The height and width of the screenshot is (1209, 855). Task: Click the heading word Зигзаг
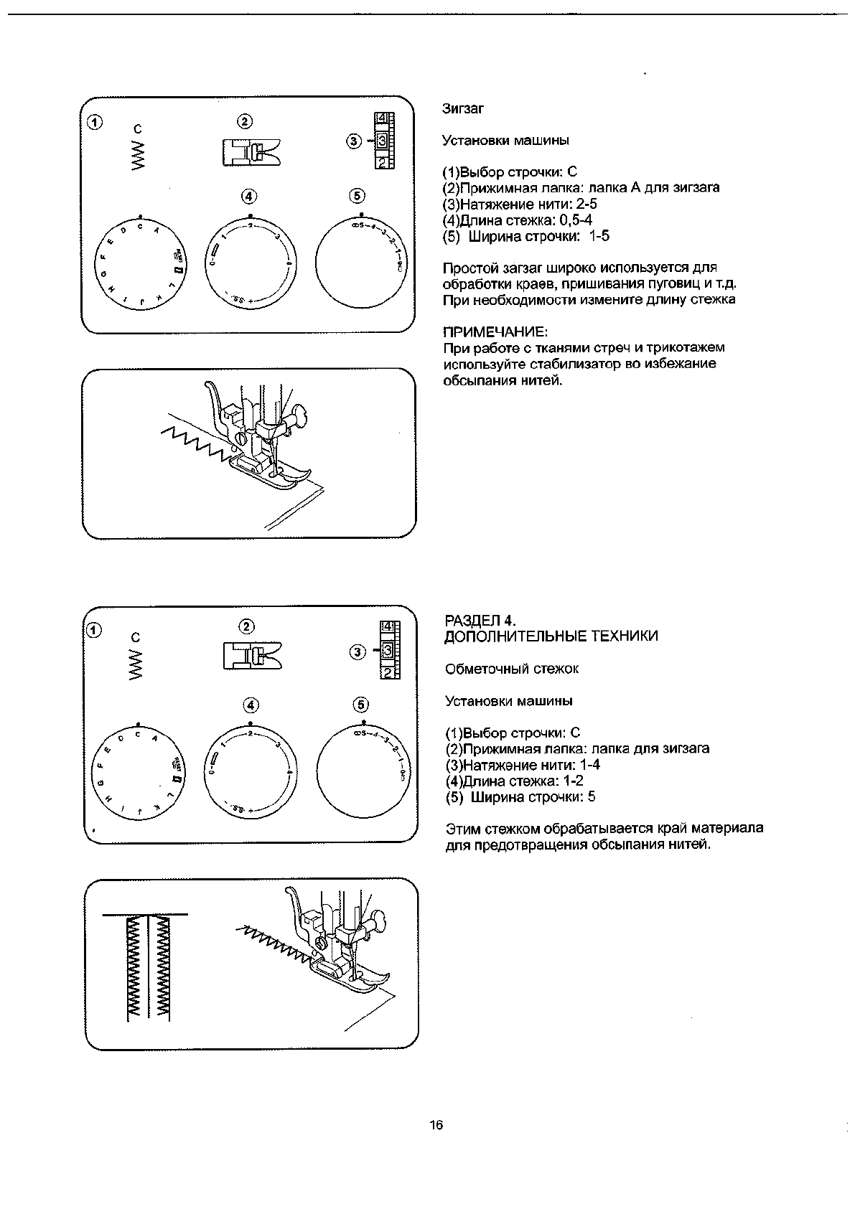[x=463, y=109]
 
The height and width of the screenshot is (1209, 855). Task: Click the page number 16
[x=436, y=1125]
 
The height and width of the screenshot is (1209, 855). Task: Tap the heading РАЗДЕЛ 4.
[x=481, y=620]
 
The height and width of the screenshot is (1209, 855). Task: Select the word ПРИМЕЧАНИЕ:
[x=495, y=331]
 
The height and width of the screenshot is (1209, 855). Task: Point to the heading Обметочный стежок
[x=512, y=669]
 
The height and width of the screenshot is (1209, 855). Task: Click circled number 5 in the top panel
[x=357, y=195]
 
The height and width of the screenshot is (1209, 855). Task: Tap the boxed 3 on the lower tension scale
[x=387, y=651]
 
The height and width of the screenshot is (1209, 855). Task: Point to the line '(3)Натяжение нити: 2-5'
[x=520, y=204]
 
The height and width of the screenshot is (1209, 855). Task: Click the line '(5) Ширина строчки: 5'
[x=520, y=796]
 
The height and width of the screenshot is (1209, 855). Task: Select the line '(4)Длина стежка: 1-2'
[x=514, y=781]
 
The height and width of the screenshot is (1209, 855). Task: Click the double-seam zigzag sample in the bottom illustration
[x=149, y=965]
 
